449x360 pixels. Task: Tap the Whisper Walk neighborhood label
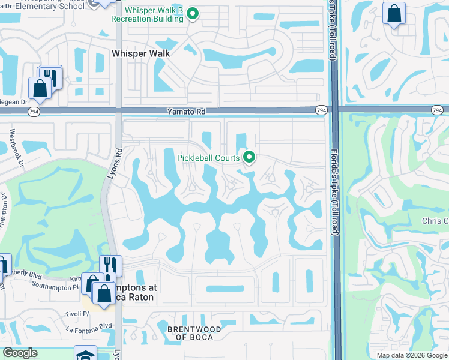(141, 53)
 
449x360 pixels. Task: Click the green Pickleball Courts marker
(249, 158)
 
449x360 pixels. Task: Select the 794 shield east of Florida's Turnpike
(437, 110)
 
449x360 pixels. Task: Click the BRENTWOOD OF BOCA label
(194, 333)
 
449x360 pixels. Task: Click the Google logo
(20, 353)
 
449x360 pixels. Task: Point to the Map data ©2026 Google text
(411, 355)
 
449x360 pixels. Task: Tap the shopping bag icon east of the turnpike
(394, 13)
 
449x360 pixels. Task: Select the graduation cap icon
(85, 355)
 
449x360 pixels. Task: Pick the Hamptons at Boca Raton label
(128, 292)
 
